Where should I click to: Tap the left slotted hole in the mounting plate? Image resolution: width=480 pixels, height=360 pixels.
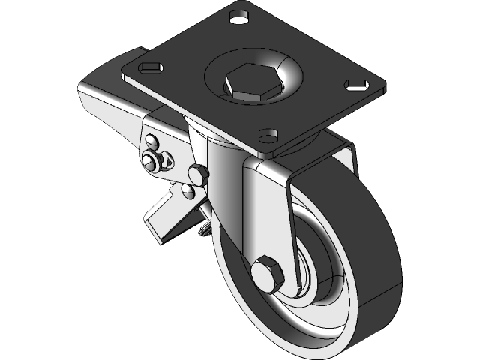(150, 67)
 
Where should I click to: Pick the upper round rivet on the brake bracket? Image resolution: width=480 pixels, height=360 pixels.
(152, 141)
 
